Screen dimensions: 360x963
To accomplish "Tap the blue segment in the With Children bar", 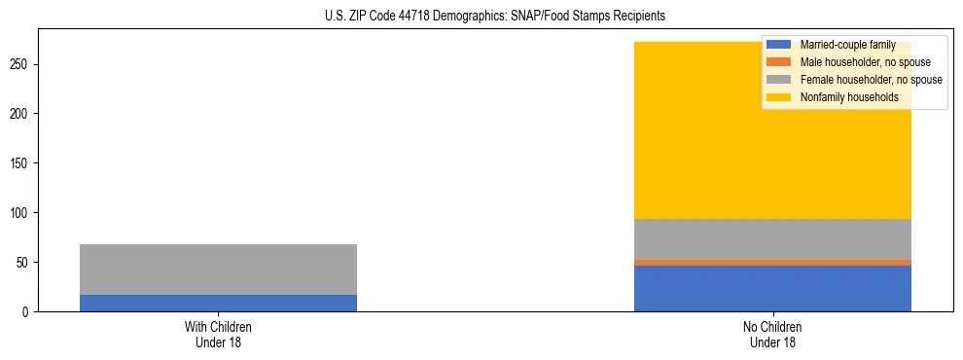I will point(218,303).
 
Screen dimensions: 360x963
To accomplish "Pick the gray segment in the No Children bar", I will point(772,239).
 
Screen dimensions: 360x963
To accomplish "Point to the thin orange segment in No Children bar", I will point(772,262).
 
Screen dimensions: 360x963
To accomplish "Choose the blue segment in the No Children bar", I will point(772,288).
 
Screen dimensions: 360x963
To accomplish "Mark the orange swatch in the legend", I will point(779,62).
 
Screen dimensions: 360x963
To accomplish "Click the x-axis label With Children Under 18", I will point(218,335).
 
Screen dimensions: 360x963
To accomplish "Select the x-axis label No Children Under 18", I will point(772,335).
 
